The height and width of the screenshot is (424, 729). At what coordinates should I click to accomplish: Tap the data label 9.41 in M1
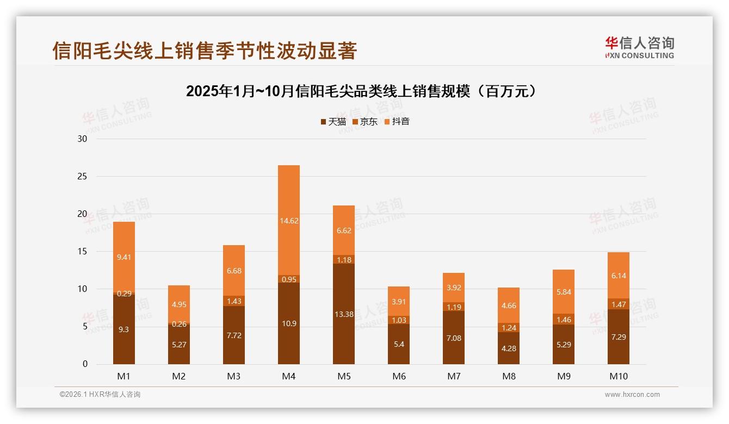(x=124, y=258)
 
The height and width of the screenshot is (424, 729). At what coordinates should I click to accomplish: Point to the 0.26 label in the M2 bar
(x=179, y=324)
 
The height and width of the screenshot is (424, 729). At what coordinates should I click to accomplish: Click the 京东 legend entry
(x=365, y=122)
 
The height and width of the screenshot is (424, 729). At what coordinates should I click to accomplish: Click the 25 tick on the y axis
(x=83, y=177)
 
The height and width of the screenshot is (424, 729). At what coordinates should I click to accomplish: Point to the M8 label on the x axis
(x=509, y=376)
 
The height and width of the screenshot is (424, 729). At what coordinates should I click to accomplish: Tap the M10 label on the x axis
(x=619, y=376)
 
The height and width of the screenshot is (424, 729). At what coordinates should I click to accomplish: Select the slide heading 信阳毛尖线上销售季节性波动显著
(x=205, y=51)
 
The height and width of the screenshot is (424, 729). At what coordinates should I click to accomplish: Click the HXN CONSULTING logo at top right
(x=640, y=48)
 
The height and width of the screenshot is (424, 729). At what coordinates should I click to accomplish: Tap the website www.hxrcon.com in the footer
(x=632, y=395)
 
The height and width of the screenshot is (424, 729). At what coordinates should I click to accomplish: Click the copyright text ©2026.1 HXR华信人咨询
(x=100, y=395)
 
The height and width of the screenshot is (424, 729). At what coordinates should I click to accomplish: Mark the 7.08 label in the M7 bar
(x=454, y=338)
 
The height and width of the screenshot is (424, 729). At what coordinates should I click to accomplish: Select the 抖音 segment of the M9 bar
(x=564, y=292)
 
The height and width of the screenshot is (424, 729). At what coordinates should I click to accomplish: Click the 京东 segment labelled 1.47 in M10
(x=619, y=304)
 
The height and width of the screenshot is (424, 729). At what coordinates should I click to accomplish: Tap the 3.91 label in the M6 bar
(x=399, y=302)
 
